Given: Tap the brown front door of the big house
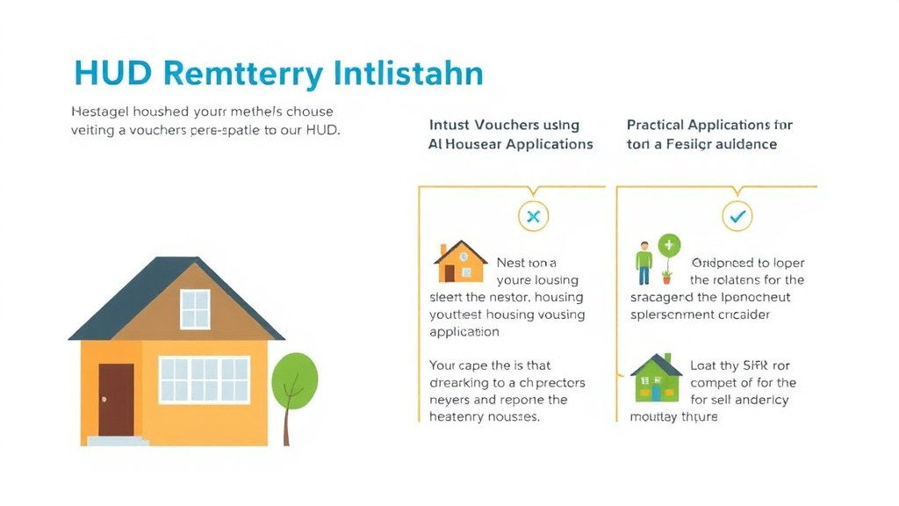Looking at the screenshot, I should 116,400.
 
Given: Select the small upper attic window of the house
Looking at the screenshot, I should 195,309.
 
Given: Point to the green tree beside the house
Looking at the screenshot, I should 294,383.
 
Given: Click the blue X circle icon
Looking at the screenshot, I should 533,215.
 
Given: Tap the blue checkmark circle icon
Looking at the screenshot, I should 737,214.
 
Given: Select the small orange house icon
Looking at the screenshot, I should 460,262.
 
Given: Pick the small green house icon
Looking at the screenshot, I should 656,378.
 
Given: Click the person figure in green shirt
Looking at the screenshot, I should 644,263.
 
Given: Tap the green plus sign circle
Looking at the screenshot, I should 669,245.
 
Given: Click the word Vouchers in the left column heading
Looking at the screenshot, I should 507,125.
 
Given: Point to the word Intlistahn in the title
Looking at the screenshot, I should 409,73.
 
